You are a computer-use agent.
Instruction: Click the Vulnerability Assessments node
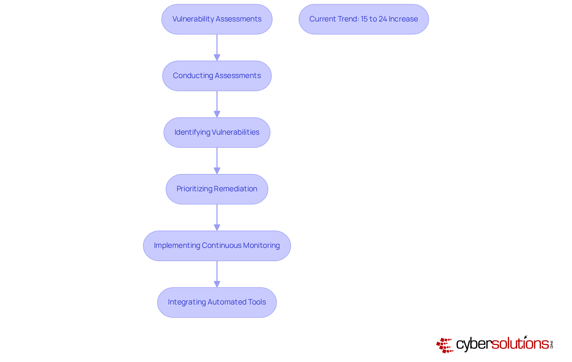[217, 19]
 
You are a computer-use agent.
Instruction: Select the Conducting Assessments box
[217, 76]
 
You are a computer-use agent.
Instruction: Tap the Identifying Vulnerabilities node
[217, 132]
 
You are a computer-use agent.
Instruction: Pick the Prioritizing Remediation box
[217, 189]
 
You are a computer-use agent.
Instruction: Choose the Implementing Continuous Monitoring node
[217, 246]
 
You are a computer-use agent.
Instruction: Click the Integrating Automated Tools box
[217, 302]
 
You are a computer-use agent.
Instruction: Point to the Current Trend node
[363, 19]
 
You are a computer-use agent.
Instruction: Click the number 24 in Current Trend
[383, 19]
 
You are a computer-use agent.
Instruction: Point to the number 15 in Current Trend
[364, 19]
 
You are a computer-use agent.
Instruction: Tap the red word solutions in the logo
[520, 344]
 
